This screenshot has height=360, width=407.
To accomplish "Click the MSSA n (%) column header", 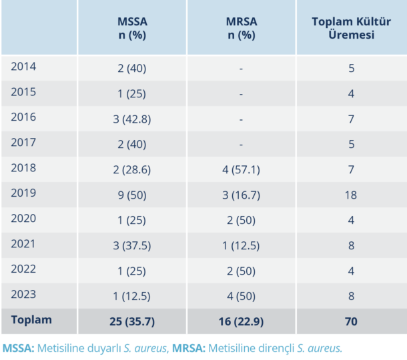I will [x=131, y=28].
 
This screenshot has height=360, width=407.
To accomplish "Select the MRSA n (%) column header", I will [x=241, y=28].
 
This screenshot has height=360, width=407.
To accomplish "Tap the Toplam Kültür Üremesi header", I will [x=351, y=28].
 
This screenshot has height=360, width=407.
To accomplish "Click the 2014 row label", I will [x=24, y=67].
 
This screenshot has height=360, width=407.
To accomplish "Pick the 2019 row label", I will [x=24, y=194].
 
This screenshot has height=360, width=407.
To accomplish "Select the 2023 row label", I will [x=24, y=294].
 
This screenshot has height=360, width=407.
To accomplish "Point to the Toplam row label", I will [x=31, y=320].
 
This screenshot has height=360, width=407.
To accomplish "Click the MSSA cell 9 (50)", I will [x=131, y=195].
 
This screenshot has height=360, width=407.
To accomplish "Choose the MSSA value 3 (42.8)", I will [x=131, y=119].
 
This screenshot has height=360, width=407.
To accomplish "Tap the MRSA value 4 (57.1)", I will [x=241, y=169].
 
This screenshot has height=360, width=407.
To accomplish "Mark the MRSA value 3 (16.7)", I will [x=241, y=195].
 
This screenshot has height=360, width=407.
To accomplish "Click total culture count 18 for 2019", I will [x=351, y=195].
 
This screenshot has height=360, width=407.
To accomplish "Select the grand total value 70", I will [x=351, y=321].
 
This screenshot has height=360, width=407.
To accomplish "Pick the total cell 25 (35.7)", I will [x=131, y=321].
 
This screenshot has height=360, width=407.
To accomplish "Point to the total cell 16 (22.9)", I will [x=241, y=321].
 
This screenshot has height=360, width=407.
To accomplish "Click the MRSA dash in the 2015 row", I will [x=241, y=94].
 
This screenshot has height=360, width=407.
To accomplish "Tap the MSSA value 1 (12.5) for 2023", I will [x=131, y=295].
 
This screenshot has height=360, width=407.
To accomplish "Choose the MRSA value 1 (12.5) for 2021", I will [x=241, y=245].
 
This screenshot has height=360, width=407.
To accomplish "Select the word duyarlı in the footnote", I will [x=111, y=348].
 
